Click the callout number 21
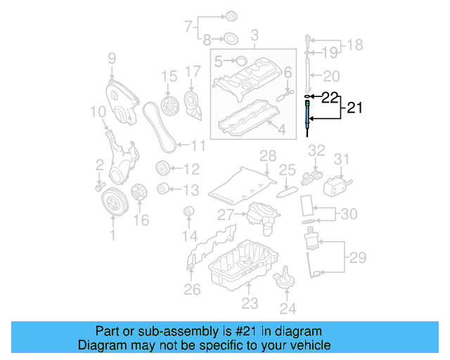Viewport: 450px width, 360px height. (354, 108)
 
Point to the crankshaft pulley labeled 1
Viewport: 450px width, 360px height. (112, 205)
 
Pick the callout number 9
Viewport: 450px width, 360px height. (112, 58)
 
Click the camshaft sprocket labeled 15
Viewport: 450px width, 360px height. (168, 105)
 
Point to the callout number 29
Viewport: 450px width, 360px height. (358, 258)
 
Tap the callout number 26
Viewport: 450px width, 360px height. (192, 289)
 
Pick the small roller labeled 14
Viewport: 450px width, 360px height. (188, 212)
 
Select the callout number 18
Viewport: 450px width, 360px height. (355, 46)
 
